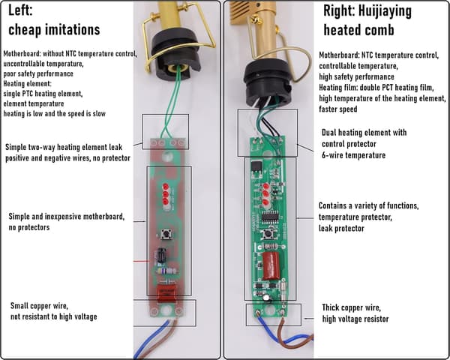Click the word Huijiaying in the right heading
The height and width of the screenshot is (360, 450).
385,12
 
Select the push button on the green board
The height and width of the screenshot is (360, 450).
268,233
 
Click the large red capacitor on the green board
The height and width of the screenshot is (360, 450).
271,265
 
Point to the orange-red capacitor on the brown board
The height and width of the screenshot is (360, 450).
167,292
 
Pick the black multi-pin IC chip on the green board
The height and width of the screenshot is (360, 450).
270,218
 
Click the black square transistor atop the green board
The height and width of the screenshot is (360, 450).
256,167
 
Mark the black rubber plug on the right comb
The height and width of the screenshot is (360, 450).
268,83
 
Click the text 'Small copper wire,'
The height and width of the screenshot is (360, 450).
39,306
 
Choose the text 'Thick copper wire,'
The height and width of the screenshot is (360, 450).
351,307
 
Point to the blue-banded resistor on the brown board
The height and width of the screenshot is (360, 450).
167,271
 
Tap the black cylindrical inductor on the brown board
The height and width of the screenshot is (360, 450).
161,255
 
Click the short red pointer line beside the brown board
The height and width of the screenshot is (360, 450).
142,261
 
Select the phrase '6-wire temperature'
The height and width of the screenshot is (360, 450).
353,155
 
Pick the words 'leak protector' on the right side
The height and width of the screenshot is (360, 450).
341,229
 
